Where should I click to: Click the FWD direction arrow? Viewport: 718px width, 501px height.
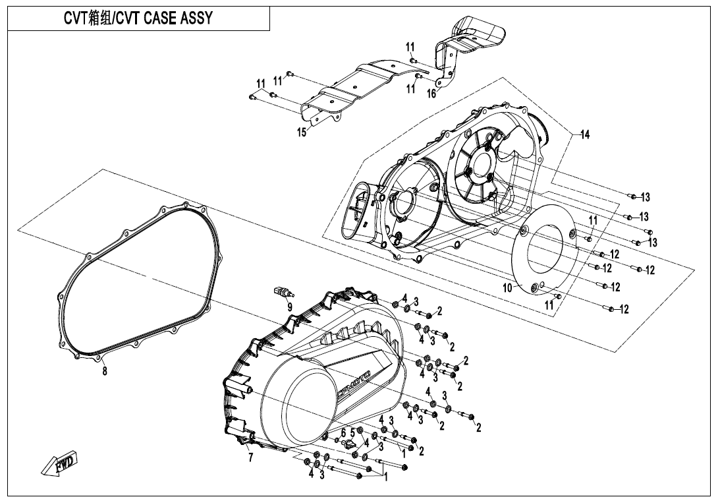(x=60, y=463)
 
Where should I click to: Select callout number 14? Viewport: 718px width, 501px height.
(x=584, y=135)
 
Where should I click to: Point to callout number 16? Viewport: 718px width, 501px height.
(x=431, y=94)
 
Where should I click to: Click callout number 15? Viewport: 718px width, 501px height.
(x=302, y=133)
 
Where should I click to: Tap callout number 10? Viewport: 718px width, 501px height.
(x=507, y=288)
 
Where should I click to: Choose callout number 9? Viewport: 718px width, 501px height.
(x=289, y=307)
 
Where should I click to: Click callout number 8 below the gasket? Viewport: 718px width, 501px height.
(x=104, y=370)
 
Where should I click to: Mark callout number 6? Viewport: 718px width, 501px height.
(x=343, y=432)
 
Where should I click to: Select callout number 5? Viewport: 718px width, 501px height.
(x=352, y=432)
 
